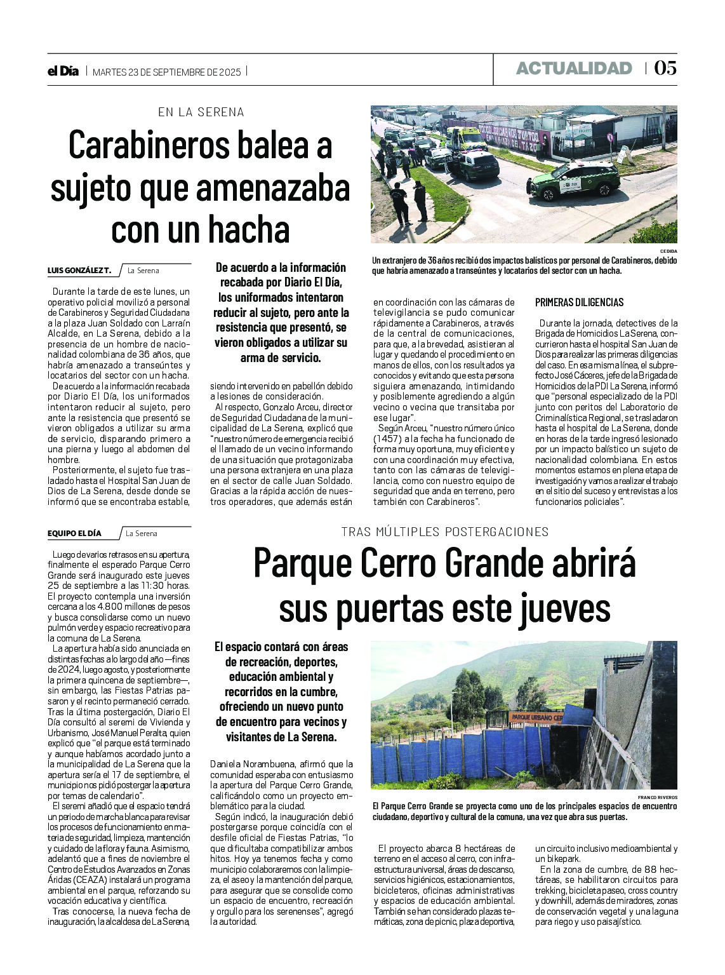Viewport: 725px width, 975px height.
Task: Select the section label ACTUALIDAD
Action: pyautogui.click(x=574, y=69)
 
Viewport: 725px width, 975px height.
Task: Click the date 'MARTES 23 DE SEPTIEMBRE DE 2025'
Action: pyautogui.click(x=167, y=72)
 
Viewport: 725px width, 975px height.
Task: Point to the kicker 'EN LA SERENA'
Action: pyautogui.click(x=201, y=112)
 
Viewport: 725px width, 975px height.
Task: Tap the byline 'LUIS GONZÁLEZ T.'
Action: pyautogui.click(x=79, y=271)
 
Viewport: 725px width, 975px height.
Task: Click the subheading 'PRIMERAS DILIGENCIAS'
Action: pyautogui.click(x=579, y=302)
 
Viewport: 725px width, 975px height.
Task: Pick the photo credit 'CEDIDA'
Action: pyautogui.click(x=668, y=252)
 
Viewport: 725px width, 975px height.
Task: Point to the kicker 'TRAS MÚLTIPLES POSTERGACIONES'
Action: pyautogui.click(x=444, y=532)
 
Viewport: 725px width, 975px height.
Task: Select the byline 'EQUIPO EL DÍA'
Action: pyautogui.click(x=74, y=534)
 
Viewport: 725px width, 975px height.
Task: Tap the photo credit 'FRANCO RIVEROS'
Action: pyautogui.click(x=658, y=797)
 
